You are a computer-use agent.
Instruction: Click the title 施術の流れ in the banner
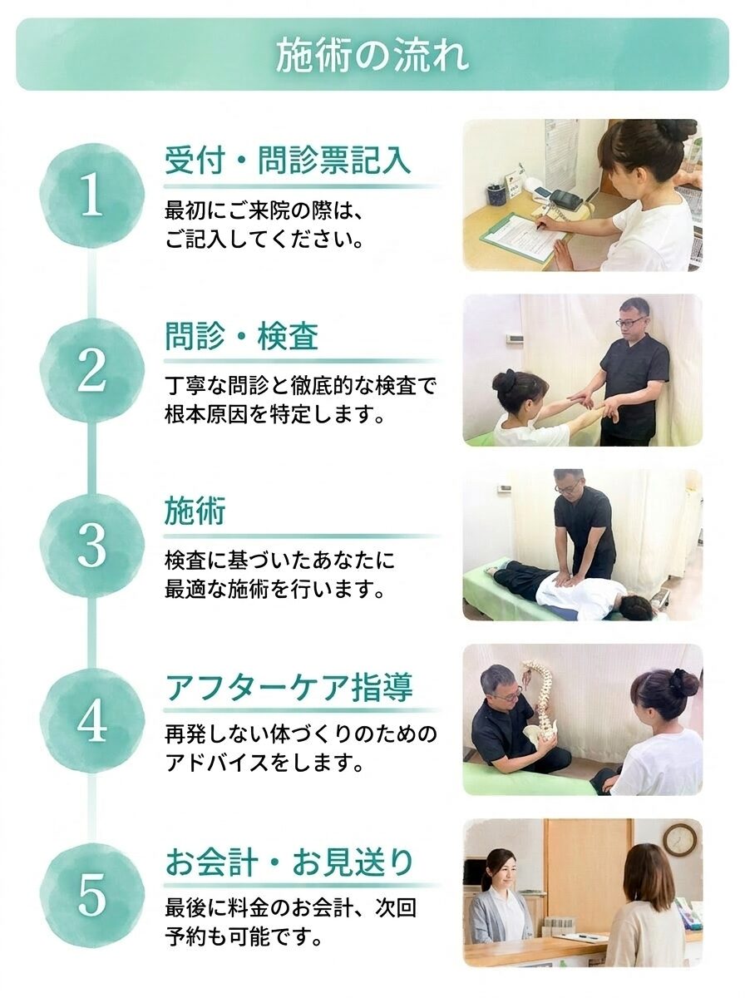coord(372,55)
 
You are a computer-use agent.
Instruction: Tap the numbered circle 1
coord(91,195)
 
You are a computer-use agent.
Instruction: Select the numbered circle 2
coord(91,371)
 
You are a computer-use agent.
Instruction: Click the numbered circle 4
coord(91,721)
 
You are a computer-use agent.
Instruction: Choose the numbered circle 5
coord(91,896)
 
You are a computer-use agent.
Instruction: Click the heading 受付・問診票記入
coord(288,161)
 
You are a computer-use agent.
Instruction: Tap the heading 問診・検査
coord(241,337)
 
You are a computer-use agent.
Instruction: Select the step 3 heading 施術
coord(195,511)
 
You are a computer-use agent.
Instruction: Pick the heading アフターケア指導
coord(289,688)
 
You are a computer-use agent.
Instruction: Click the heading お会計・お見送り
coord(289,862)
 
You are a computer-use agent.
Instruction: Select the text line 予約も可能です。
coord(244,939)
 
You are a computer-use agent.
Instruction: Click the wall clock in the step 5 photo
coord(679,840)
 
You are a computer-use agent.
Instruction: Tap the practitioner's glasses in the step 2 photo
coord(629,322)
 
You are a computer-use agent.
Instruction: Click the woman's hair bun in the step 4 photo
coord(683,682)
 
